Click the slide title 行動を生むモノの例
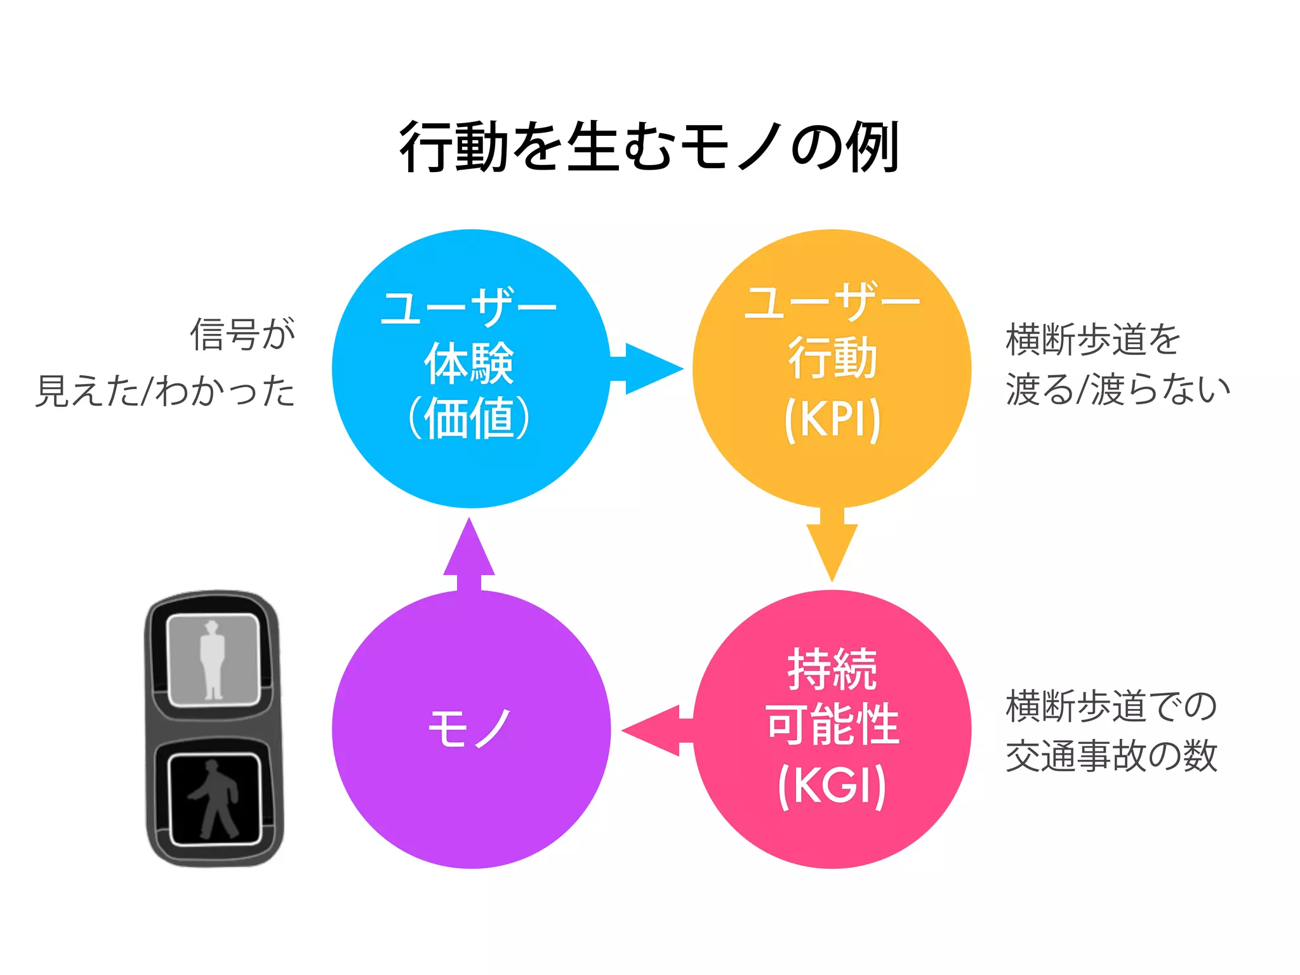pos(649,147)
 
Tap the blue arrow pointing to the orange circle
pos(647,369)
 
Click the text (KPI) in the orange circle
pos(832,419)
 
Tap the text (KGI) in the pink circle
pos(832,785)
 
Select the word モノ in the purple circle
pos(470,729)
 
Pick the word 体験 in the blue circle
pos(469,363)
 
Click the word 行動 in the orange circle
pos(832,358)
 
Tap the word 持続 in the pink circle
pos(832,669)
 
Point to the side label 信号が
pos(242,335)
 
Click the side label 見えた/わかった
pos(165,390)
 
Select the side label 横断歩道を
pos(1092,340)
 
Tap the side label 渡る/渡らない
pos(1117,389)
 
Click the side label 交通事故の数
pos(1111,756)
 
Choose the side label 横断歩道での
pos(1111,706)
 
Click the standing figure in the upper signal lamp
pos(213,660)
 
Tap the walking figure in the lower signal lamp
pos(214,799)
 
